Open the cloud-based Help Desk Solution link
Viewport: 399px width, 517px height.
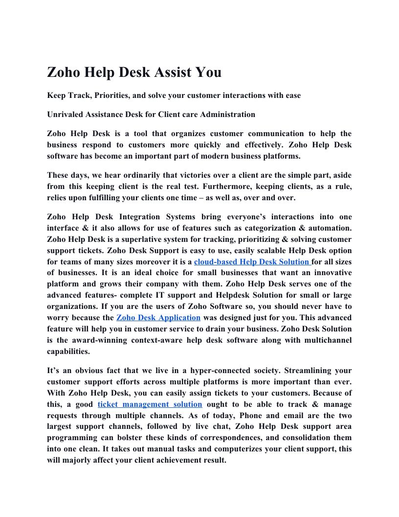coord(252,262)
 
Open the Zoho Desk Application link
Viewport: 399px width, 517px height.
coord(158,318)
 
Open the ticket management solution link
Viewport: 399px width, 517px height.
coord(150,404)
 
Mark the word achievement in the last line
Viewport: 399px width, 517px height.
coord(175,460)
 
